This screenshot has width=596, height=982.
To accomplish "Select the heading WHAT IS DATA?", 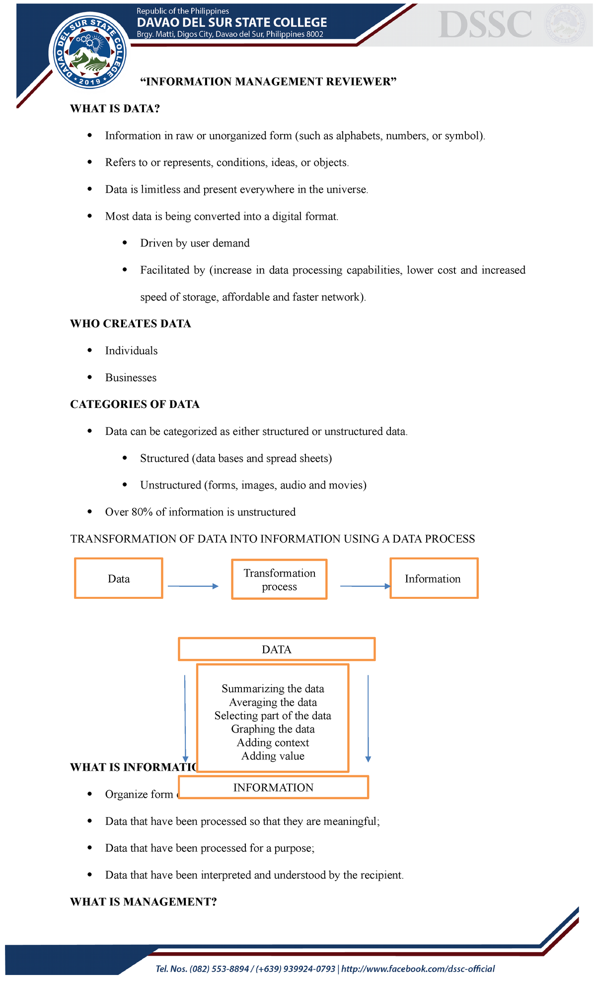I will click(115, 109).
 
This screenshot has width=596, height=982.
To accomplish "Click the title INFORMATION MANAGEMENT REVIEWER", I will click(269, 82).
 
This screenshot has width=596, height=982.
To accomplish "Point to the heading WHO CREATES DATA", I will click(131, 324).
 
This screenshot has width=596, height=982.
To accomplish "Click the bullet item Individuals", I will click(131, 351).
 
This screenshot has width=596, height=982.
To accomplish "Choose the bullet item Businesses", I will click(131, 378).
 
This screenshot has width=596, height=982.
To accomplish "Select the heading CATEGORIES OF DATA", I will click(135, 405).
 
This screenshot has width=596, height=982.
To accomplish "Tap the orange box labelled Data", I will click(119, 578).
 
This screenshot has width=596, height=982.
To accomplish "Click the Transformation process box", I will click(279, 579).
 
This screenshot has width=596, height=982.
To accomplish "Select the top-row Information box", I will click(433, 578).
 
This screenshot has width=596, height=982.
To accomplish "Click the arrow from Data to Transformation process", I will click(193, 586).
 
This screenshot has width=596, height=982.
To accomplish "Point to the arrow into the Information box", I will click(366, 586).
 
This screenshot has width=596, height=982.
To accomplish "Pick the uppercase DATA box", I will click(276, 650).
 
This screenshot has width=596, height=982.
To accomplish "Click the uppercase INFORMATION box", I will click(273, 788).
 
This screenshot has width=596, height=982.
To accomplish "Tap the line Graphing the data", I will click(273, 729).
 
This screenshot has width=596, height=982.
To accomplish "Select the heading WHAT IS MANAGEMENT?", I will click(144, 902).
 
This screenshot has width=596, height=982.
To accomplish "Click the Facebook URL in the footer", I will click(418, 969).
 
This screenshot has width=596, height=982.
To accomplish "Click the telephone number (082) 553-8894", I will click(219, 969).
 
